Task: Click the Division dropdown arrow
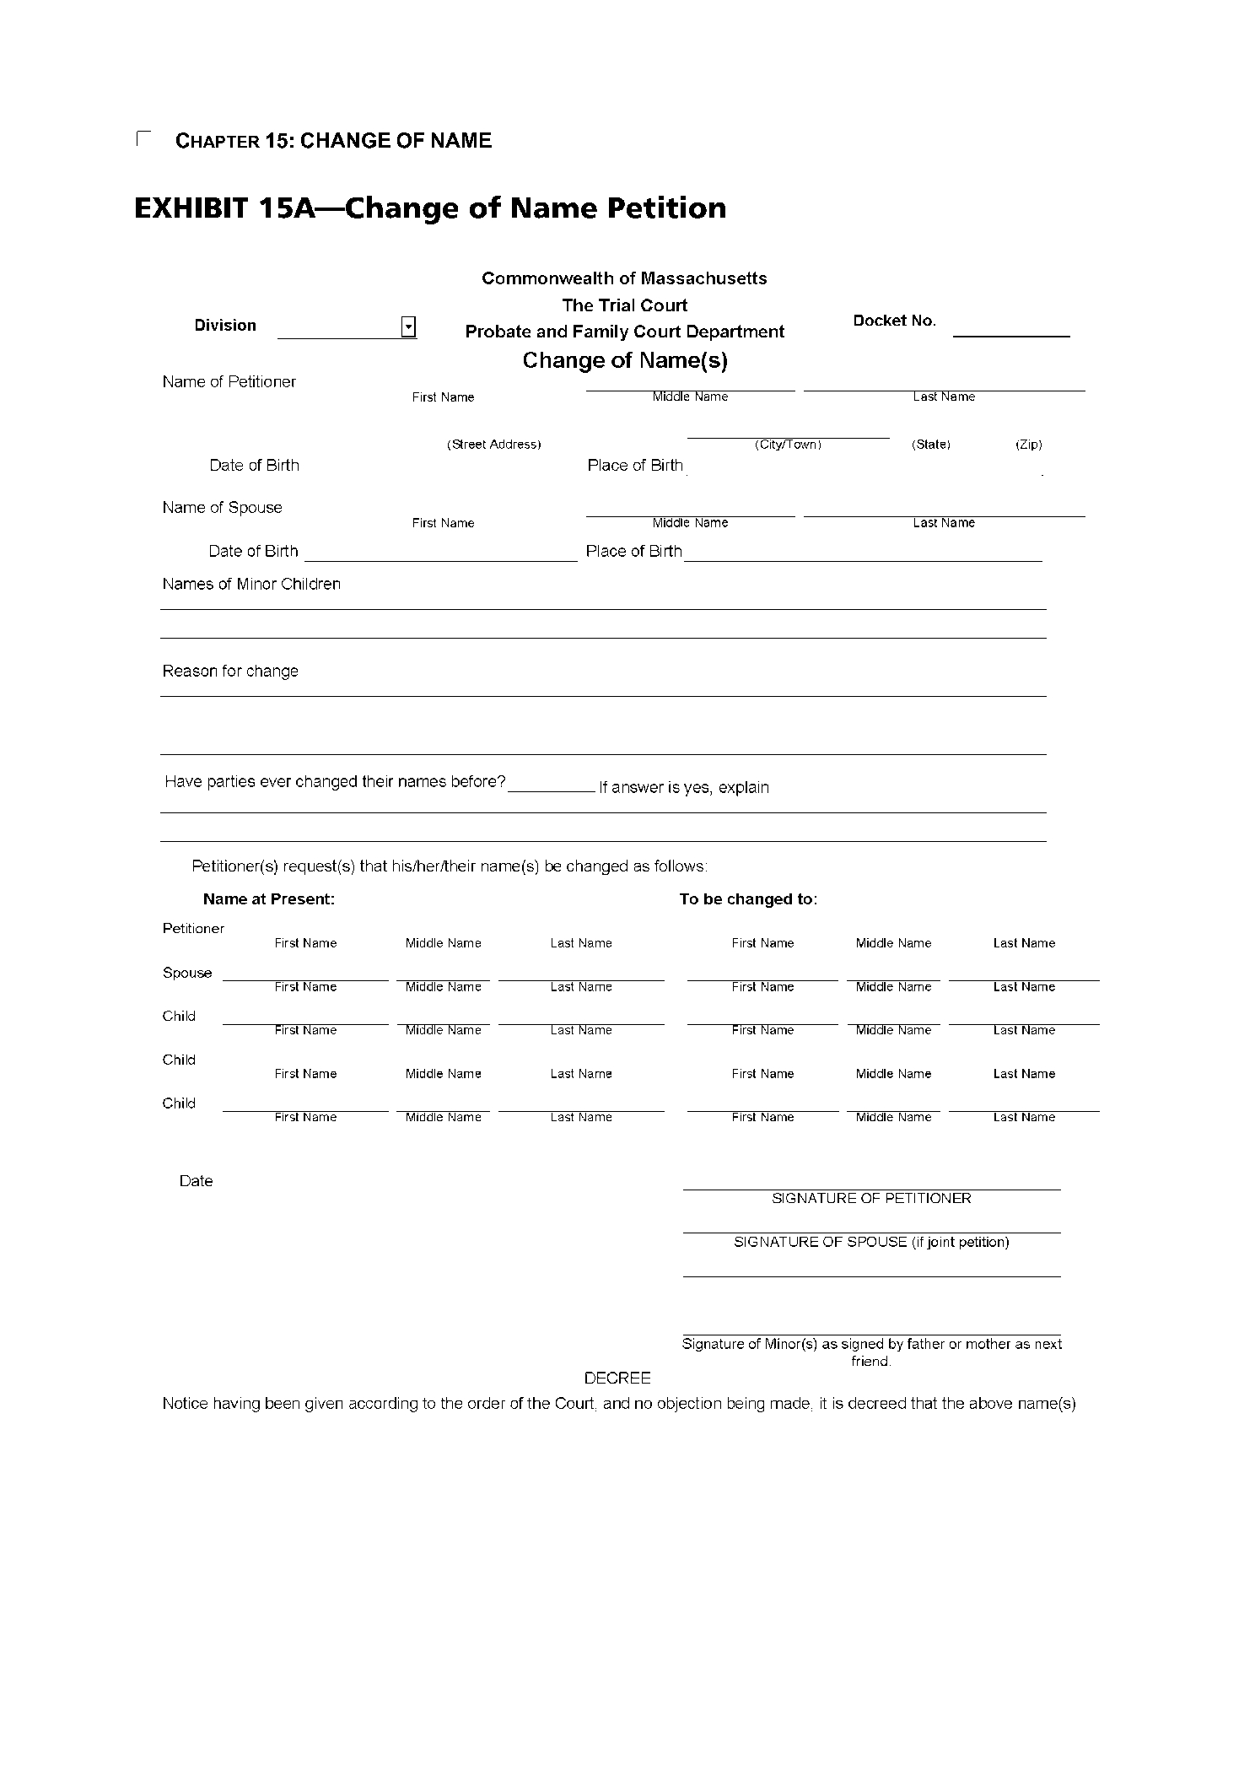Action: (408, 326)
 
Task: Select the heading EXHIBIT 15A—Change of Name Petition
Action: (430, 208)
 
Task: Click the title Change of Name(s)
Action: (625, 361)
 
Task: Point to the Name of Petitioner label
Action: (229, 382)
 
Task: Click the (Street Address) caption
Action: (493, 445)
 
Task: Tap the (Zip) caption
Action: (1028, 445)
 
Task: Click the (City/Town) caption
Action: (788, 445)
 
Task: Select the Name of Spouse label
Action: (223, 508)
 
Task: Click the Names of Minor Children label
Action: (251, 585)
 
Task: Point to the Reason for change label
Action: (230, 672)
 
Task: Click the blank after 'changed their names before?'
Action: (551, 785)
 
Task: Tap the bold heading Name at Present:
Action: (269, 899)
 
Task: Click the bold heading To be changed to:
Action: (748, 899)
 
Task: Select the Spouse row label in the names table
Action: (187, 973)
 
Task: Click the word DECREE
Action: (617, 1378)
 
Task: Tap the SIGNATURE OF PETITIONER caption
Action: (871, 1199)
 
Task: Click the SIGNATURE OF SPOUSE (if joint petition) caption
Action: (871, 1243)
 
